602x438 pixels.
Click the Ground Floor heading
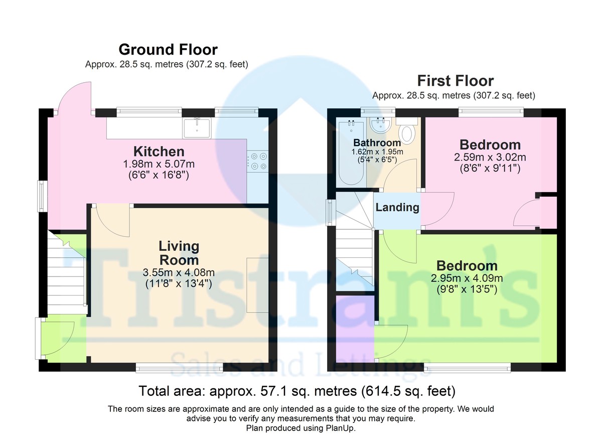(168, 50)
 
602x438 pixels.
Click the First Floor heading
(456, 81)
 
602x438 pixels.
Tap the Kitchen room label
(159, 151)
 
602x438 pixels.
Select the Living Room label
(179, 253)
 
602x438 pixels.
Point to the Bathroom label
(377, 143)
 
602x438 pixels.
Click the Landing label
(397, 207)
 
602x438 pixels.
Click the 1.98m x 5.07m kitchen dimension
(159, 164)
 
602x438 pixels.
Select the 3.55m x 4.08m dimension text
(179, 273)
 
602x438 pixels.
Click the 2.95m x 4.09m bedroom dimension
(467, 278)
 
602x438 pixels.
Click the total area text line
(296, 390)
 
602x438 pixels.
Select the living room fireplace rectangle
(257, 284)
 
